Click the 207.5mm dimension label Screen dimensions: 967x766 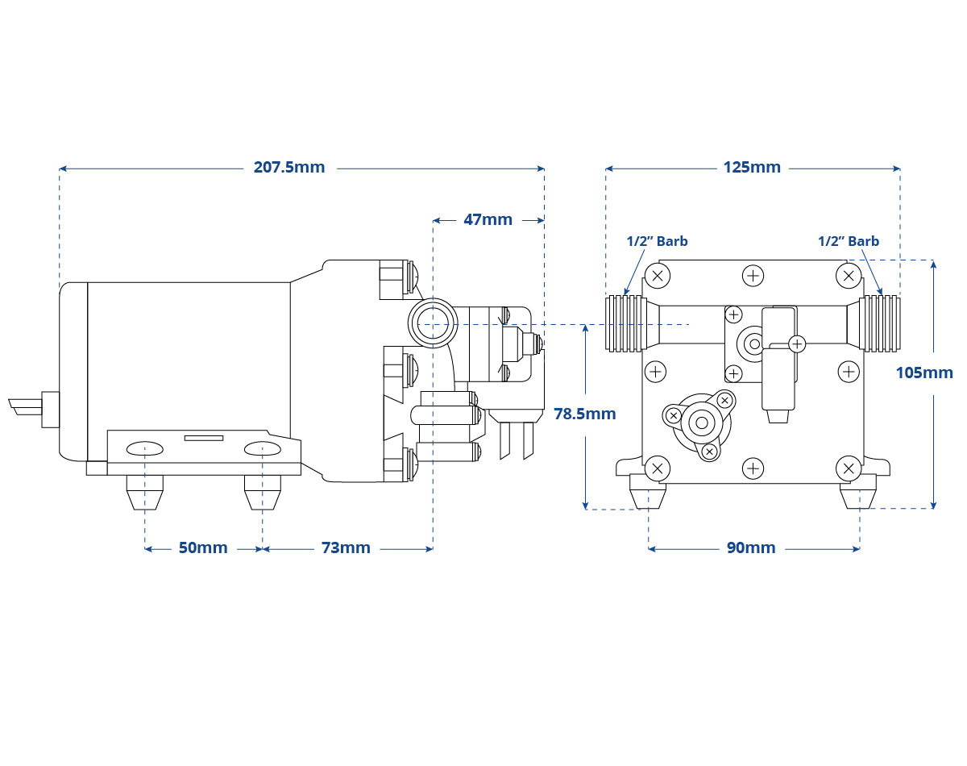[289, 168]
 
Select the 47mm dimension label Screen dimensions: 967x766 [488, 219]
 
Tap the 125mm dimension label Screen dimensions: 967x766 [752, 168]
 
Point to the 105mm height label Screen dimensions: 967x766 [924, 373]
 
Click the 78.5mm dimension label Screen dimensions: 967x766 [584, 414]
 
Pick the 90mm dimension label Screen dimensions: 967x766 [751, 547]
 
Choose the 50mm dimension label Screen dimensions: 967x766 [203, 547]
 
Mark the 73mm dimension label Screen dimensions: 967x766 [346, 547]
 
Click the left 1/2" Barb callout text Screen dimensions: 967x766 [657, 241]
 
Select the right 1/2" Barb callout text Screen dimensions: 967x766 [849, 241]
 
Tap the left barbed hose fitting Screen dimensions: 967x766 [626, 323]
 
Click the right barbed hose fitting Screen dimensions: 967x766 [879, 323]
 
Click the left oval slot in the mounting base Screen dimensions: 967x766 [145, 448]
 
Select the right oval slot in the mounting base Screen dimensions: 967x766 [263, 448]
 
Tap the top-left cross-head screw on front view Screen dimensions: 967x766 [658, 276]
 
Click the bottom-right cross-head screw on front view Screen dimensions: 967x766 [849, 468]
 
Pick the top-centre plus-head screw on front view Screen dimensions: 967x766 [753, 276]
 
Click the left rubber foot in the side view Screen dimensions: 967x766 [145, 493]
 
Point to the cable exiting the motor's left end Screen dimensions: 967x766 [26, 406]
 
